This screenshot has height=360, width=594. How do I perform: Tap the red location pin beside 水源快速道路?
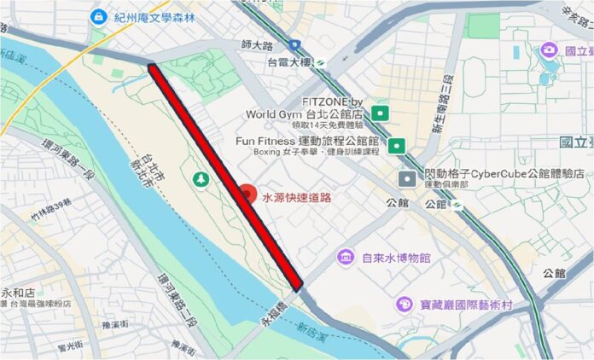tap(246, 195)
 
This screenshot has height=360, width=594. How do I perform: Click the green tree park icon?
tap(201, 178)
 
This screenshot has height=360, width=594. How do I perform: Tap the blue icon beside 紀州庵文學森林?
tap(99, 15)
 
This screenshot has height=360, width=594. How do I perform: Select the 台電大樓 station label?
tap(289, 62)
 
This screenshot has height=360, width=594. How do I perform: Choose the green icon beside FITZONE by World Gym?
tap(381, 113)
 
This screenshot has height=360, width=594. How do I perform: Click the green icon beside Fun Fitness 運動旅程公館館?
tap(396, 146)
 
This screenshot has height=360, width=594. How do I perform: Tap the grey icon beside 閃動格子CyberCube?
tap(409, 178)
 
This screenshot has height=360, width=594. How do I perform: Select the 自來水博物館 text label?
tap(395, 257)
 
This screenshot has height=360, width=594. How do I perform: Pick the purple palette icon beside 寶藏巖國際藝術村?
tap(403, 304)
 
